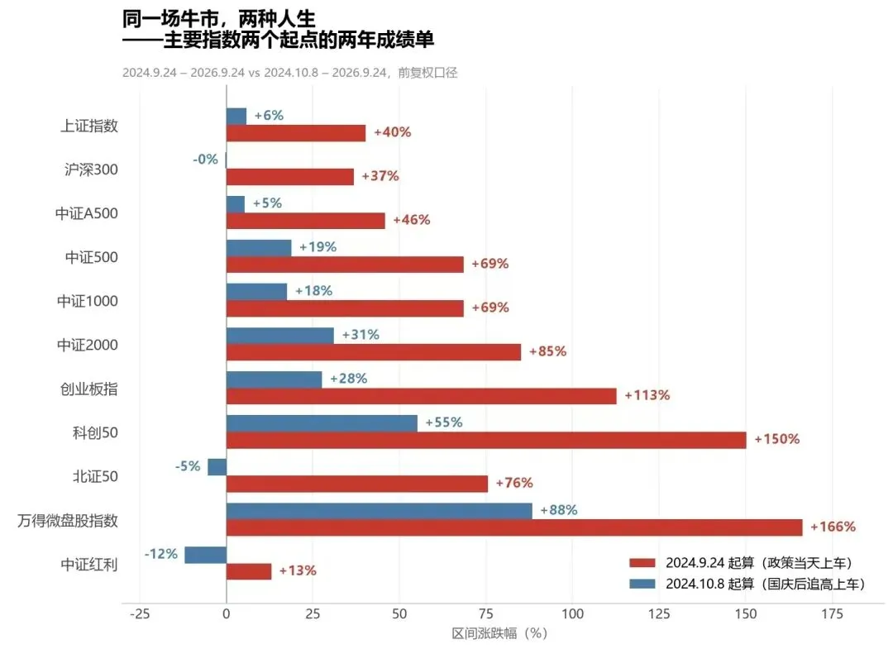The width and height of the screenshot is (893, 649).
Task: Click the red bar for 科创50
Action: click(486, 440)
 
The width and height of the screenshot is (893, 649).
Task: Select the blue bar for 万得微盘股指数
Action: click(380, 511)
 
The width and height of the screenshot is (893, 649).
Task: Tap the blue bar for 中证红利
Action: click(206, 555)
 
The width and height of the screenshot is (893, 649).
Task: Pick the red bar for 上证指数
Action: click(296, 133)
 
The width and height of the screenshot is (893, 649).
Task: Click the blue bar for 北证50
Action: click(217, 467)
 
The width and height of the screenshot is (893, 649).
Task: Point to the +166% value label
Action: click(833, 527)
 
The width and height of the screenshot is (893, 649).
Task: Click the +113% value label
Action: click(647, 395)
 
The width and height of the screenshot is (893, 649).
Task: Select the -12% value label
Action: click(161, 554)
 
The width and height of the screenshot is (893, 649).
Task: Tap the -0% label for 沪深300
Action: click(205, 160)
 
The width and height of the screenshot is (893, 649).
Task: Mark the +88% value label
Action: click(559, 510)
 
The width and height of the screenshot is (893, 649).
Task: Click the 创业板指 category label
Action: click(88, 389)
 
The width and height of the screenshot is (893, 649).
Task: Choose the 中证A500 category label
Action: click(87, 213)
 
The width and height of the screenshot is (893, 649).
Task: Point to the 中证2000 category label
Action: click(88, 345)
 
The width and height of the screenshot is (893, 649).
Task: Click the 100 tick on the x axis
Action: click(572, 613)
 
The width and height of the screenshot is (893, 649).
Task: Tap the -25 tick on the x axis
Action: click(140, 613)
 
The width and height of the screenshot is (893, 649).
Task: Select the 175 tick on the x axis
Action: click(832, 613)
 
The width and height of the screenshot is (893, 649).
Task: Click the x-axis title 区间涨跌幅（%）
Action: click(500, 633)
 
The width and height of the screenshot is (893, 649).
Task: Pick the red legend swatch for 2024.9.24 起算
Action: click(642, 563)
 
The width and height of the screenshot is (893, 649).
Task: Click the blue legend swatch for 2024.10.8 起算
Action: click(642, 584)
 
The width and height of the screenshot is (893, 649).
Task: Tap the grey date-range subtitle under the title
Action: click(290, 73)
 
